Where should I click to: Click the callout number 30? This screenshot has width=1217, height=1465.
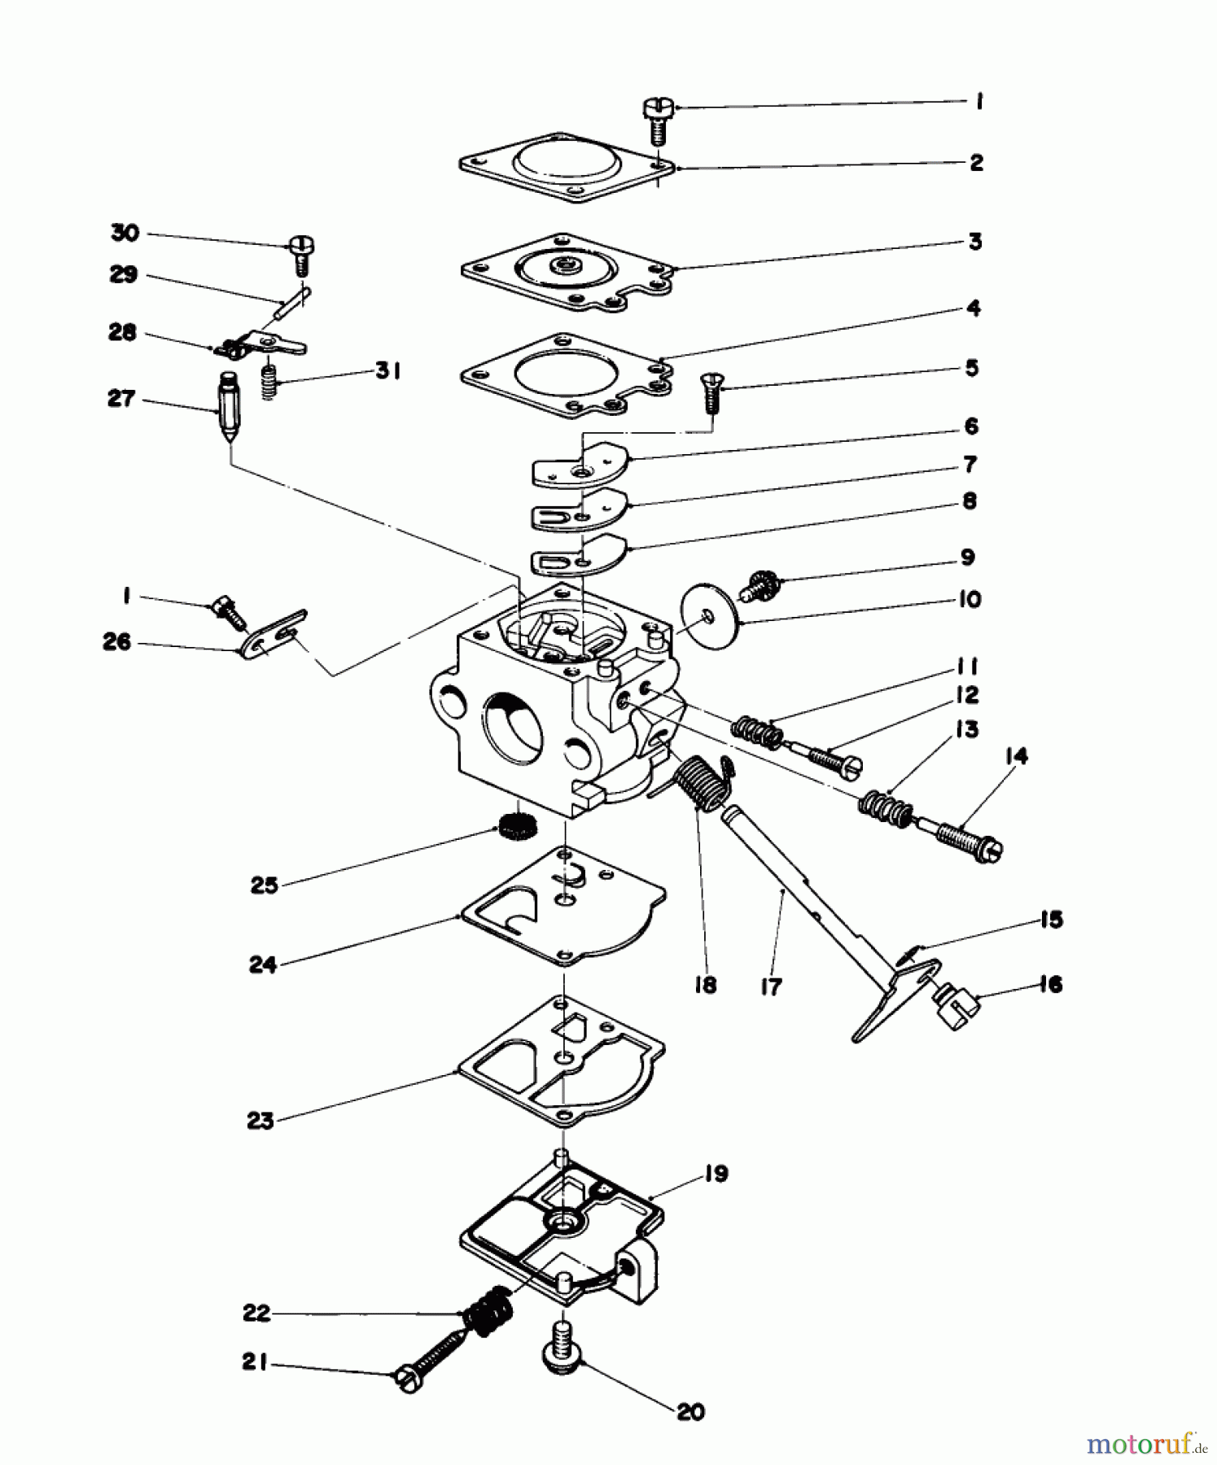click(125, 233)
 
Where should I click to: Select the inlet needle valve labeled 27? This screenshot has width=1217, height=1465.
click(230, 408)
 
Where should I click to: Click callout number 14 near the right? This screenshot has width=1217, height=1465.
click(1016, 755)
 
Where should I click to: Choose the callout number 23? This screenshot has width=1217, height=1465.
click(260, 1121)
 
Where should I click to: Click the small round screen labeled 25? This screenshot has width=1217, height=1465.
click(514, 828)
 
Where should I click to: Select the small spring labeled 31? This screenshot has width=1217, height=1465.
click(268, 381)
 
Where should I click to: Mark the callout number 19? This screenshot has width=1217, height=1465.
click(716, 1174)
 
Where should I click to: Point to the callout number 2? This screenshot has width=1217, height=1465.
click(976, 162)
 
